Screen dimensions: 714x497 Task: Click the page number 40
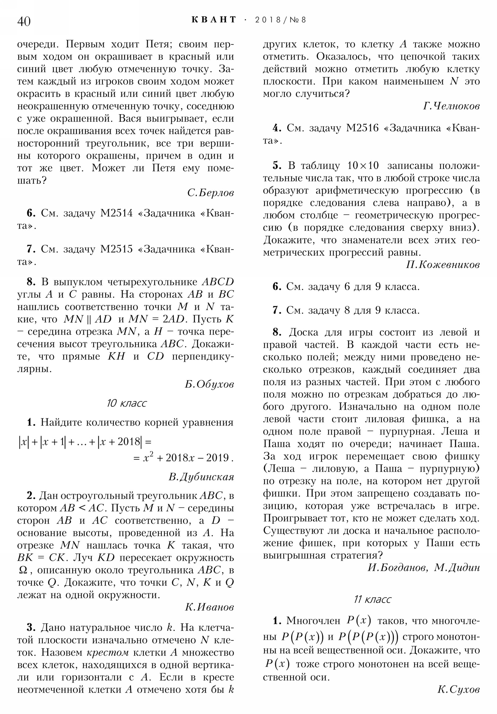(x=24, y=21)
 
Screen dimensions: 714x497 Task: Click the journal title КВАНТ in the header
(x=214, y=20)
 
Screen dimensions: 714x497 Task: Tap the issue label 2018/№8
(x=280, y=20)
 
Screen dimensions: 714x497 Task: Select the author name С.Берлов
(x=210, y=193)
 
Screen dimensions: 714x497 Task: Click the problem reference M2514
(x=116, y=213)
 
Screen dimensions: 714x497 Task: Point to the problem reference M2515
(x=116, y=249)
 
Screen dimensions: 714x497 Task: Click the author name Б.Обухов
(x=209, y=385)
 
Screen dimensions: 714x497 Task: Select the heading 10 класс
(x=126, y=403)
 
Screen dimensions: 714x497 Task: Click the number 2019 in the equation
(x=217, y=458)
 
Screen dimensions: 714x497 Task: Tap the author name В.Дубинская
(x=201, y=477)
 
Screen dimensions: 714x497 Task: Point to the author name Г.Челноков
(x=451, y=106)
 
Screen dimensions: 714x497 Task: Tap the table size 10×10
(x=363, y=166)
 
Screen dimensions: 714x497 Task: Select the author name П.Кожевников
(x=443, y=264)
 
